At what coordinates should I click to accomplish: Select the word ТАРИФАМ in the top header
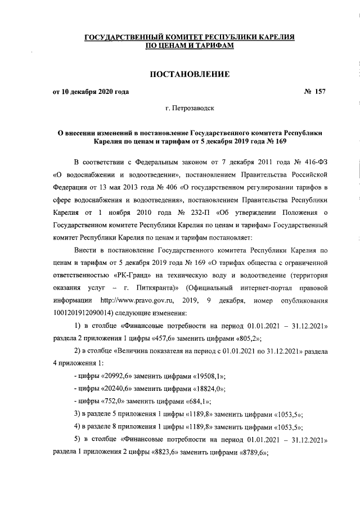pyautogui.click(x=207, y=46)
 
